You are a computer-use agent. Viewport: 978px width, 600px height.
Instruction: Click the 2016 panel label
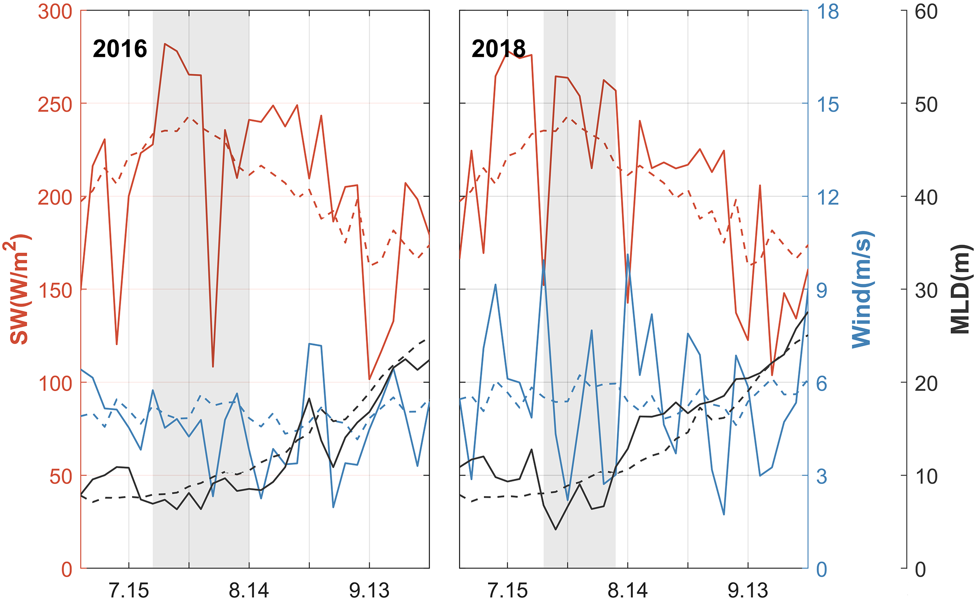coord(120,49)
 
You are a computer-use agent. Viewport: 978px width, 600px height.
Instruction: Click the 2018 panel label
coord(498,49)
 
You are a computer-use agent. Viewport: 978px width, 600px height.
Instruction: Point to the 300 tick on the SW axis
coord(55,12)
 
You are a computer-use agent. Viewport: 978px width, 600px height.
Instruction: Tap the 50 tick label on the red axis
coord(61,476)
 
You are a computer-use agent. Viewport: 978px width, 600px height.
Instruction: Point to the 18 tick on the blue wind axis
coord(828,12)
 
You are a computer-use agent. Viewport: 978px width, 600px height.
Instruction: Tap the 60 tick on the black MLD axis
coord(926,12)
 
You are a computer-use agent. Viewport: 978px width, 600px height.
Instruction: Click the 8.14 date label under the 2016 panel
coord(249,590)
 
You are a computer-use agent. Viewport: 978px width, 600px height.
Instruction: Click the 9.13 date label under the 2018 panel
coord(748,590)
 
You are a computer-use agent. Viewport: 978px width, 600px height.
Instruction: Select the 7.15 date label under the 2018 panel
coord(507,590)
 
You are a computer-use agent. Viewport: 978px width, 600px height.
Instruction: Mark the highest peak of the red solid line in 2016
coord(165,43)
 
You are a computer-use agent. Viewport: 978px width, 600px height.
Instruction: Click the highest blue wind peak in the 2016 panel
coord(309,344)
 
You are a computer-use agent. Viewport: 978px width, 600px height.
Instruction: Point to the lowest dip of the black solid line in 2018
coord(556,529)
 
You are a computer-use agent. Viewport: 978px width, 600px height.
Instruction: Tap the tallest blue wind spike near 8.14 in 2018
coord(628,254)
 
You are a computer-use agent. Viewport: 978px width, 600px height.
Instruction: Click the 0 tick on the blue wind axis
coord(822,569)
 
